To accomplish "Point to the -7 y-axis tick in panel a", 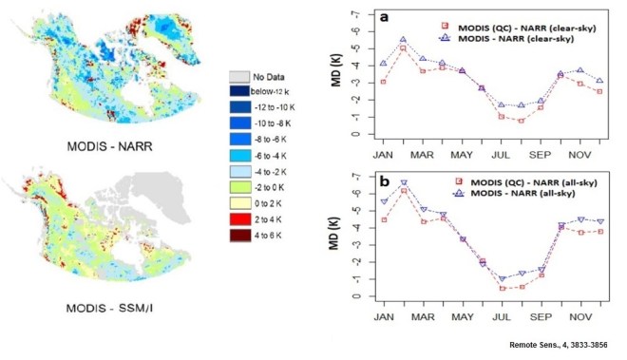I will pyautogui.click(x=357, y=15).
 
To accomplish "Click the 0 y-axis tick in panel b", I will pyautogui.click(x=357, y=296).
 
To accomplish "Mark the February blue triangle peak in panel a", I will pyautogui.click(x=403, y=41).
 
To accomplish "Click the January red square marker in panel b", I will pyautogui.click(x=383, y=219).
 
